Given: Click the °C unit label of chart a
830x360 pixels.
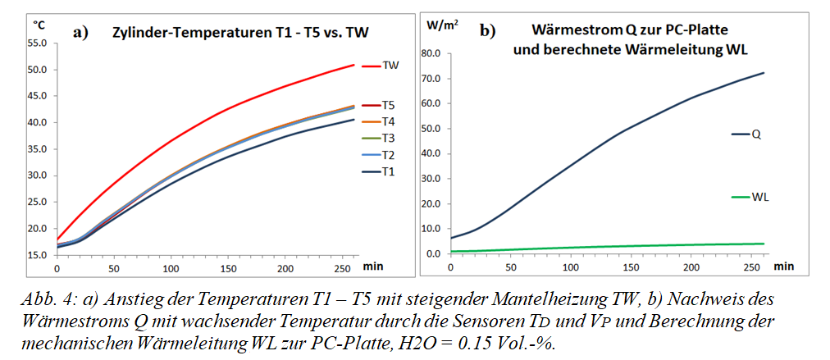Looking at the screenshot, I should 39,25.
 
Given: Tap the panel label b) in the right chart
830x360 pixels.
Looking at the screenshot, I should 487,31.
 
